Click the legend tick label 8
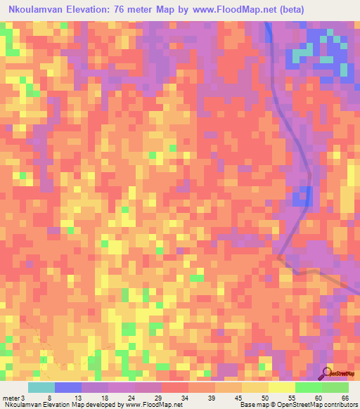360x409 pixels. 48,398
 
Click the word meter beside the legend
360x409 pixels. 12,398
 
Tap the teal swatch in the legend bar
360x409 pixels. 41,387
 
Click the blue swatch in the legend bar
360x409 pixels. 68,387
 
